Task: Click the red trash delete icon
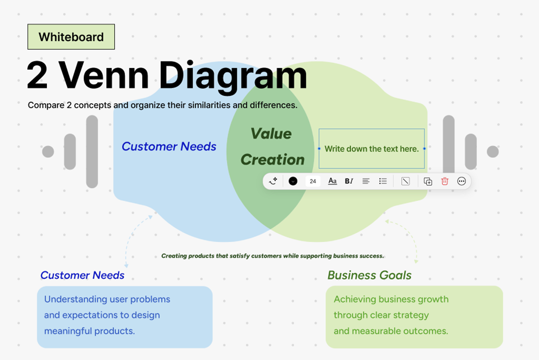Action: click(445, 181)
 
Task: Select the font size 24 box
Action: click(313, 181)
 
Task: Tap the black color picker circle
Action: click(293, 181)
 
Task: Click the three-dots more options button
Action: click(462, 181)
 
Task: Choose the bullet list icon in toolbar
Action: click(383, 181)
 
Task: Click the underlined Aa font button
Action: click(332, 181)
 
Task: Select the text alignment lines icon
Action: click(366, 181)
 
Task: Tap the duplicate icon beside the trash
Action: click(428, 181)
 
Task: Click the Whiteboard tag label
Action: click(71, 37)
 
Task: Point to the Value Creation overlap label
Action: click(272, 146)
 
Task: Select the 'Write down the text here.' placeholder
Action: click(372, 149)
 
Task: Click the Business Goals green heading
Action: click(369, 275)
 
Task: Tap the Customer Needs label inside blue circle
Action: click(169, 147)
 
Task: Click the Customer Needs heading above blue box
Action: click(82, 275)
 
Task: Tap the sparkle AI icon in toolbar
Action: click(273, 181)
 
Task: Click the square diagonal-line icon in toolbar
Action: click(405, 181)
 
